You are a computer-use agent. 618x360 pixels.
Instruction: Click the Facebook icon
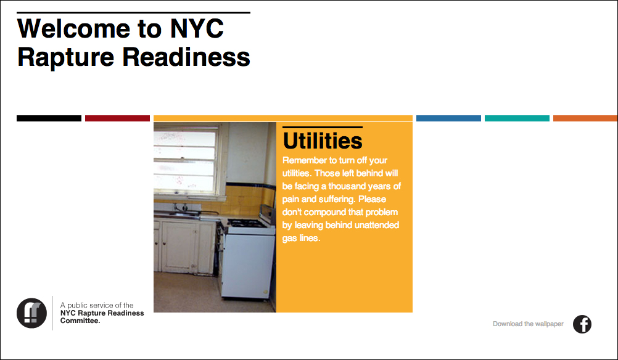click(x=582, y=324)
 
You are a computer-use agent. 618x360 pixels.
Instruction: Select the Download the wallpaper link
click(x=528, y=324)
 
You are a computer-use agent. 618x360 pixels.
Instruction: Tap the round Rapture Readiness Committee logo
click(x=31, y=313)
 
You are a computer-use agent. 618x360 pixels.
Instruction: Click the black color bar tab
click(x=49, y=118)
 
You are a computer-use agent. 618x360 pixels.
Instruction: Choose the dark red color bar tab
click(x=117, y=118)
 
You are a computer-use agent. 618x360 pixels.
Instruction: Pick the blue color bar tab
click(x=448, y=118)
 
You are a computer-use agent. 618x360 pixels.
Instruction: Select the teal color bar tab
click(x=517, y=118)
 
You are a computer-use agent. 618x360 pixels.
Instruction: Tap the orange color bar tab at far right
click(x=585, y=118)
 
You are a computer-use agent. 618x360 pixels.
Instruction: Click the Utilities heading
click(x=323, y=141)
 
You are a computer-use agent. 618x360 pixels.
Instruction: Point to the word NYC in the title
click(x=197, y=28)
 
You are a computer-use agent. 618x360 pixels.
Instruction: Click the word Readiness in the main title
click(x=186, y=57)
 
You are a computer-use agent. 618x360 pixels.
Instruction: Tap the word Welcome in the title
click(x=73, y=28)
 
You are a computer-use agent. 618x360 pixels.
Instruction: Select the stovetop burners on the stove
click(x=246, y=223)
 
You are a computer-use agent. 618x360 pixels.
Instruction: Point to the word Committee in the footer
click(x=80, y=321)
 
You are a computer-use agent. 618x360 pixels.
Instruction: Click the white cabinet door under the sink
click(x=179, y=246)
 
